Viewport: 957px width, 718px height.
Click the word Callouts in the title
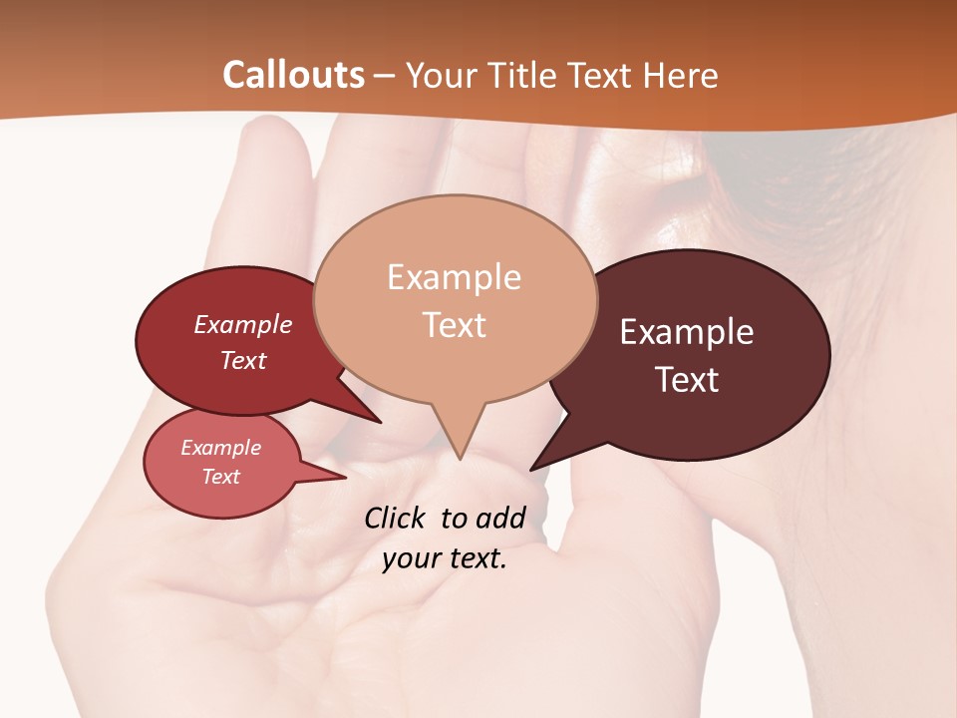pyautogui.click(x=293, y=75)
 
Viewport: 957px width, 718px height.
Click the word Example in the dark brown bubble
pyautogui.click(x=687, y=332)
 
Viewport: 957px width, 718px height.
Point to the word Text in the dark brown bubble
pyautogui.click(x=687, y=380)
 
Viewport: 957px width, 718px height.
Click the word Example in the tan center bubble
pyautogui.click(x=454, y=277)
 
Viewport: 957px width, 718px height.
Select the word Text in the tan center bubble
pyautogui.click(x=454, y=325)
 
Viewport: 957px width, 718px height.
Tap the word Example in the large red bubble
pyautogui.click(x=242, y=324)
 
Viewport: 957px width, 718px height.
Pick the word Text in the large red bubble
pyautogui.click(x=242, y=360)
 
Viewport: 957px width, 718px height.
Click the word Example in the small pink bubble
pyautogui.click(x=220, y=448)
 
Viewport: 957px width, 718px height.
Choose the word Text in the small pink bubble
pyautogui.click(x=220, y=477)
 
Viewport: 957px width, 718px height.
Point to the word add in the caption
pyautogui.click(x=499, y=518)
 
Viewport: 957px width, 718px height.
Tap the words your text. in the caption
pyautogui.click(x=445, y=558)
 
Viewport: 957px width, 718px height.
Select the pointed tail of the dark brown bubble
pyautogui.click(x=536, y=465)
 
